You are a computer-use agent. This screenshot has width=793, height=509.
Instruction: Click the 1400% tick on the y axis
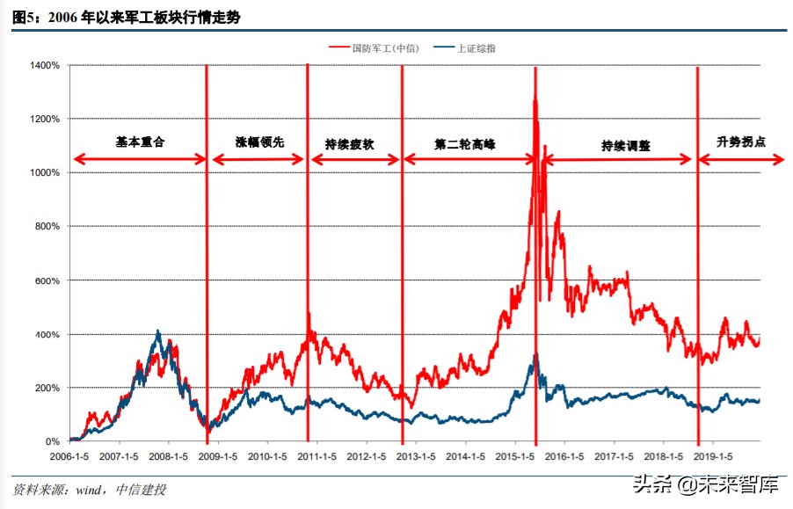tap(45, 65)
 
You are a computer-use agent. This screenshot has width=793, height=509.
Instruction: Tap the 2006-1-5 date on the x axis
tap(70, 457)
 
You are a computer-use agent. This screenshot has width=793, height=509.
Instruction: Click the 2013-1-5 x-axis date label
tap(417, 457)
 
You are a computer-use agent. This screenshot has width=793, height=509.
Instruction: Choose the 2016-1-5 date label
tap(565, 457)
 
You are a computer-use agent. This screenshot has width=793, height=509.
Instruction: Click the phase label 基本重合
tap(141, 142)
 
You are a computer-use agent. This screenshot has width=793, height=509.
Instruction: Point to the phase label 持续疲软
tap(350, 143)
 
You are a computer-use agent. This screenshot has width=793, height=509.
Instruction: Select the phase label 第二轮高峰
tap(465, 143)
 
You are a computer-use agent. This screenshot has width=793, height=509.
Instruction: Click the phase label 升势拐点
tap(741, 142)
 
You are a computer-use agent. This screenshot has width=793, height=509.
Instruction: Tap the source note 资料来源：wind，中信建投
tap(90, 490)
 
